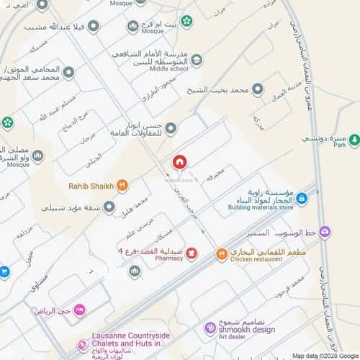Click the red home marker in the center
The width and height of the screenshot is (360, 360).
coord(179,162)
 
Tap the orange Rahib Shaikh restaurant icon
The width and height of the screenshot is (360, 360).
coord(122,186)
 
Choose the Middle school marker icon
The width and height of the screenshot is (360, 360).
coord(197,60)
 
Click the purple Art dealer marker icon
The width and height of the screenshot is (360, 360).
coord(209,329)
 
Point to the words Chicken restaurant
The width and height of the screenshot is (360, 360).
coord(257,260)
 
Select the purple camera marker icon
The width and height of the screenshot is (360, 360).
coord(325,232)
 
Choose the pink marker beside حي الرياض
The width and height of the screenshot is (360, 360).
coord(79,310)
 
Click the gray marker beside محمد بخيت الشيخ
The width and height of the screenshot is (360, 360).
coord(257,90)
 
